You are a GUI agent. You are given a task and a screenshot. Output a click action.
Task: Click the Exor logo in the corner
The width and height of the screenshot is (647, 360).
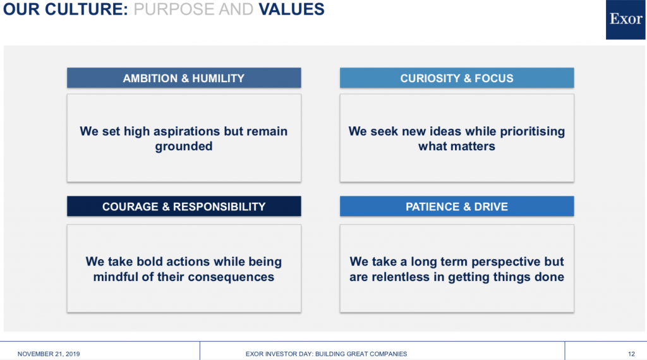[625, 20]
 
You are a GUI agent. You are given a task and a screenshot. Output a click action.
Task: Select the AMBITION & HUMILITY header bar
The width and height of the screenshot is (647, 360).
[184, 78]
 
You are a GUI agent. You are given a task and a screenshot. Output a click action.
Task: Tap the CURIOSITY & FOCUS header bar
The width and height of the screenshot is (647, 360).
[457, 78]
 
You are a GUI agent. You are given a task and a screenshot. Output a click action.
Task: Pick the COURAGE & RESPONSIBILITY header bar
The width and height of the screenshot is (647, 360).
[184, 206]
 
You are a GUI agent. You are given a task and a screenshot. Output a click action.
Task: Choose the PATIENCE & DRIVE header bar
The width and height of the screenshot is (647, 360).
[457, 206]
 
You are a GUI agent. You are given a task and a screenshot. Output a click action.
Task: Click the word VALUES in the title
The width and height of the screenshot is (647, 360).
[291, 9]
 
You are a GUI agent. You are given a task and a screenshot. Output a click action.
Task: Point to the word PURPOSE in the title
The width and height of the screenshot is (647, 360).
[173, 9]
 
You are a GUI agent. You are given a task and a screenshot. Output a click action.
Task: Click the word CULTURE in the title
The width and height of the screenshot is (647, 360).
[86, 9]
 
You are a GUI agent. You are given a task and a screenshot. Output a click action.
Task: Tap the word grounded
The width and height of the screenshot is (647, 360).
[184, 147]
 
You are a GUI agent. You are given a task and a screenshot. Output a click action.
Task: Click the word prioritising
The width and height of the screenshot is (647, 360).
[532, 131]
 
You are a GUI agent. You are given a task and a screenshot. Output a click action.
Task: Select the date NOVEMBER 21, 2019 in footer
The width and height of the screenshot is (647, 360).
[49, 354]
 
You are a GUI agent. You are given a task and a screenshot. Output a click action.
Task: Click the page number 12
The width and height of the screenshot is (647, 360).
[631, 354]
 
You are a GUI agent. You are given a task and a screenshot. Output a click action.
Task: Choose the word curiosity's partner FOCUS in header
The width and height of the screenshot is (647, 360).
[494, 78]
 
